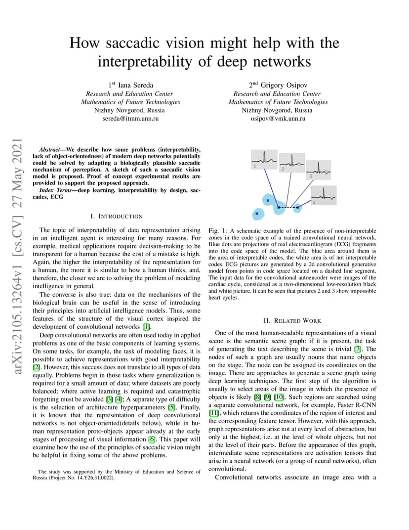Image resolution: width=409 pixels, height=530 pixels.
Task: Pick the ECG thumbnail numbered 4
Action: coord(324,195)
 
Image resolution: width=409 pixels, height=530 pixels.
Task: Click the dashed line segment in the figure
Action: coord(290,208)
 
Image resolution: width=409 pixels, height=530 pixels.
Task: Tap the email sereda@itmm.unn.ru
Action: coord(130,119)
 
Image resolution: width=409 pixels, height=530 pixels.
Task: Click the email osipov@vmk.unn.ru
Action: coord(278,119)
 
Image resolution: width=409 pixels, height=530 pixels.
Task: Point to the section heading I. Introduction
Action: coord(117,217)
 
